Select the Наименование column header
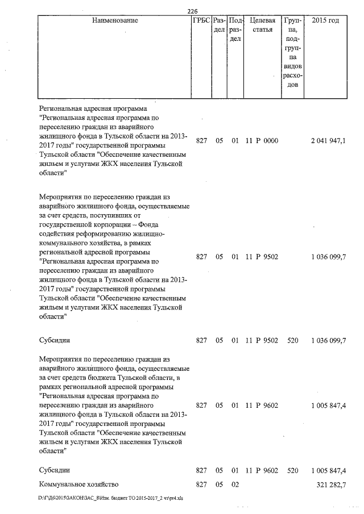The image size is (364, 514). point(114,20)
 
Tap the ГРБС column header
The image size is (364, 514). point(202,20)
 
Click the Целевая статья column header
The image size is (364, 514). point(263,25)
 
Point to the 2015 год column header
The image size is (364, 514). point(326,20)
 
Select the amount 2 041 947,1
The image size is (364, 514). point(328,140)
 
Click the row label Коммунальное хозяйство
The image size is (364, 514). point(78,484)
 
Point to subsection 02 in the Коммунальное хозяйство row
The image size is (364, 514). point(234,484)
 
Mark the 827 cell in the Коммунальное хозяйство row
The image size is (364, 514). point(201,484)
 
